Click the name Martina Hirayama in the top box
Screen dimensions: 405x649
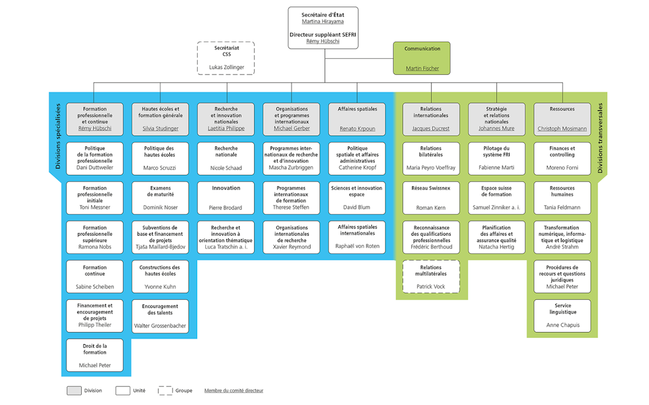coord(323,22)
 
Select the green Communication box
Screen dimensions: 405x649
coord(422,58)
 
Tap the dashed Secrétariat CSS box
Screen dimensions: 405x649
coord(226,58)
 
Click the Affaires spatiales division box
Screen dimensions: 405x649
coord(357,118)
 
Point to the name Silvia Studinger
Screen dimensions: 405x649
coord(160,129)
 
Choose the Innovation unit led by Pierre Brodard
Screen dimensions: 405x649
coord(226,198)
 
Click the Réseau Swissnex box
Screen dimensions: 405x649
coord(431,198)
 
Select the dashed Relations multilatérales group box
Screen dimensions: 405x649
coord(431,278)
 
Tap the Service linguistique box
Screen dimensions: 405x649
coord(562,315)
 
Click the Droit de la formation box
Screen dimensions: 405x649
coord(94,356)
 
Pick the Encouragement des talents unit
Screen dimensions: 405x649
coord(160,316)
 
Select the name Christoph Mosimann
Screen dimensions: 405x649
coord(562,129)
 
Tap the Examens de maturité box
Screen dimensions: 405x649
coord(160,198)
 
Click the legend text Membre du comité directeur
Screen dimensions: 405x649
coord(234,390)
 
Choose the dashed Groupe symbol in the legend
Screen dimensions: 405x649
coord(165,390)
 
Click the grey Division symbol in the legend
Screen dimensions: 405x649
coord(74,390)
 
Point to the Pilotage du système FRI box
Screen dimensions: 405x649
coord(496,158)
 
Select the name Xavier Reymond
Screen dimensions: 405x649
coord(292,247)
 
